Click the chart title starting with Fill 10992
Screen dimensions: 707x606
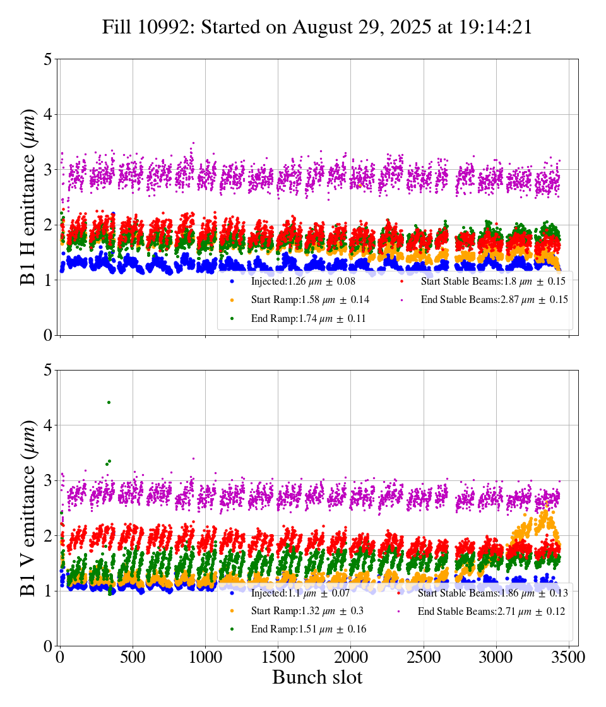pyautogui.click(x=317, y=27)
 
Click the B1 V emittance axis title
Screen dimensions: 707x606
pyautogui.click(x=28, y=508)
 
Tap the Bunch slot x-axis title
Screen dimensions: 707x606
pyautogui.click(x=317, y=678)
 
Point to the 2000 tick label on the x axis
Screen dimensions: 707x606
pyautogui.click(x=350, y=657)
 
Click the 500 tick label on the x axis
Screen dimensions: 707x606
pyautogui.click(x=133, y=657)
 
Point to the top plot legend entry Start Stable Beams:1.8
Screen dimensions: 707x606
pyautogui.click(x=492, y=281)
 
